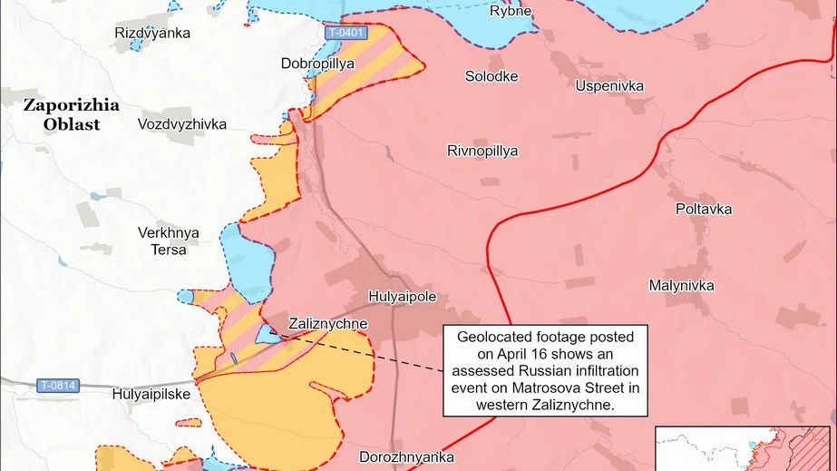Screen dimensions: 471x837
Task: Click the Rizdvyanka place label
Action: pyautogui.click(x=152, y=34)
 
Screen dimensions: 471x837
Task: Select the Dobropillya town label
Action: pyautogui.click(x=318, y=64)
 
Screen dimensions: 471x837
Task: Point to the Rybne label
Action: pyautogui.click(x=511, y=11)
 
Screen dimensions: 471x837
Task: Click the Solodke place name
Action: pyautogui.click(x=491, y=76)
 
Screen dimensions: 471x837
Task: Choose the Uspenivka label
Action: pyautogui.click(x=609, y=85)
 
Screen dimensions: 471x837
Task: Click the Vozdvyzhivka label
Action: pyautogui.click(x=182, y=123)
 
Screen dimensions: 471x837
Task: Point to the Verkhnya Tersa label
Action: pyautogui.click(x=169, y=241)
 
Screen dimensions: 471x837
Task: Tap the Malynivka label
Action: pyautogui.click(x=681, y=286)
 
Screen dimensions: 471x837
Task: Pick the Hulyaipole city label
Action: pyautogui.click(x=404, y=296)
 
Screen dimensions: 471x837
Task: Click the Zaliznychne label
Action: pyautogui.click(x=327, y=323)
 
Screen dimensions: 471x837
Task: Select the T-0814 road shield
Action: pyautogui.click(x=58, y=386)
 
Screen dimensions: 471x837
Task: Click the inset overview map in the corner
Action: pyautogui.click(x=744, y=448)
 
